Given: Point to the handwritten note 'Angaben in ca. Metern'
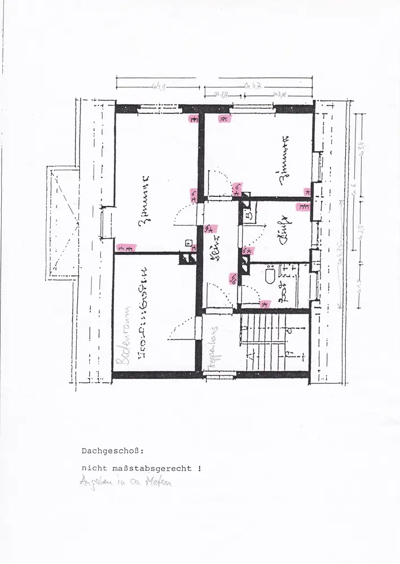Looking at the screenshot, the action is tap(126, 482).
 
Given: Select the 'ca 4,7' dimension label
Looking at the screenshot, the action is tap(252, 86).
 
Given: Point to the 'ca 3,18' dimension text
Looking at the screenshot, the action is tap(280, 94).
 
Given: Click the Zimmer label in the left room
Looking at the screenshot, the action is tap(145, 200).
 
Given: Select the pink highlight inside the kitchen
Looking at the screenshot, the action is tap(303, 206).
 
